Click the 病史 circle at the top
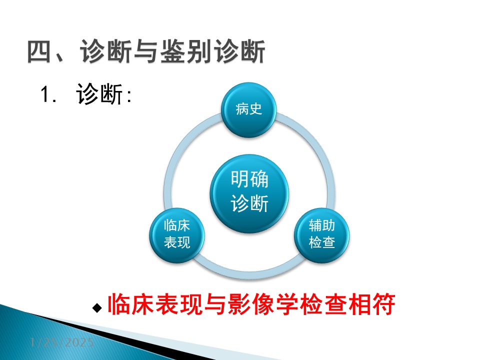coord(249,109)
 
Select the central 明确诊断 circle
coord(249,194)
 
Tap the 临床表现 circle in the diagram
coord(177,235)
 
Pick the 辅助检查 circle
coord(321,235)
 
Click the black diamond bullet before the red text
coord(97,307)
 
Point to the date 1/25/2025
coord(62,342)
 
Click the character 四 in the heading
coord(39,51)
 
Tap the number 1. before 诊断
coord(48,94)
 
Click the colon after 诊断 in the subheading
coord(129,96)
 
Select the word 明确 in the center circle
coord(249,179)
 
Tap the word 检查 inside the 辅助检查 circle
coord(321,243)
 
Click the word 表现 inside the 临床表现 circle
coord(177,243)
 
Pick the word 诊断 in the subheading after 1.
coord(99,94)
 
